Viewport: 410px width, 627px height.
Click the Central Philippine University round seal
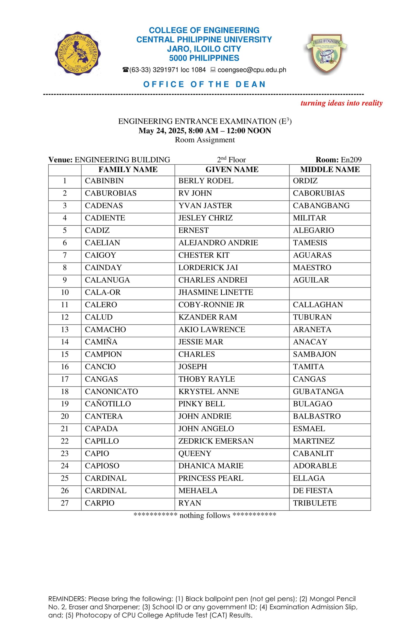tap(77, 53)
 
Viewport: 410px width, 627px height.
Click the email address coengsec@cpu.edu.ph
tap(252, 70)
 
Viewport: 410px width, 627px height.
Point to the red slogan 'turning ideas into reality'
tap(341, 103)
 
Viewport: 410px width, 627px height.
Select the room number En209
tap(351, 160)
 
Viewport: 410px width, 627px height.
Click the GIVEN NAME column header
tap(232, 169)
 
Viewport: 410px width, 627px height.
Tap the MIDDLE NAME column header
tap(330, 169)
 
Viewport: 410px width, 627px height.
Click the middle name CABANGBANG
tap(321, 205)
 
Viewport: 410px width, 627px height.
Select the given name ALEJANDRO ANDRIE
tap(218, 243)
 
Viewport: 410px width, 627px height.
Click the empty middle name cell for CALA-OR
tap(330, 292)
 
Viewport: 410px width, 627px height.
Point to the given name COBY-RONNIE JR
tap(211, 305)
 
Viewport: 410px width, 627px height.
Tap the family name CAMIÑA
tap(101, 342)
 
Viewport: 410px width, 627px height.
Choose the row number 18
tap(65, 391)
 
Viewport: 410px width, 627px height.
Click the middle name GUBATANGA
tap(318, 391)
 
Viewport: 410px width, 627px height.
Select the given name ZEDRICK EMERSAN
tap(216, 441)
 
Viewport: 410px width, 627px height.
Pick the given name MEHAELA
tap(198, 491)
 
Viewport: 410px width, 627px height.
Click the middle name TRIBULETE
tap(315, 503)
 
